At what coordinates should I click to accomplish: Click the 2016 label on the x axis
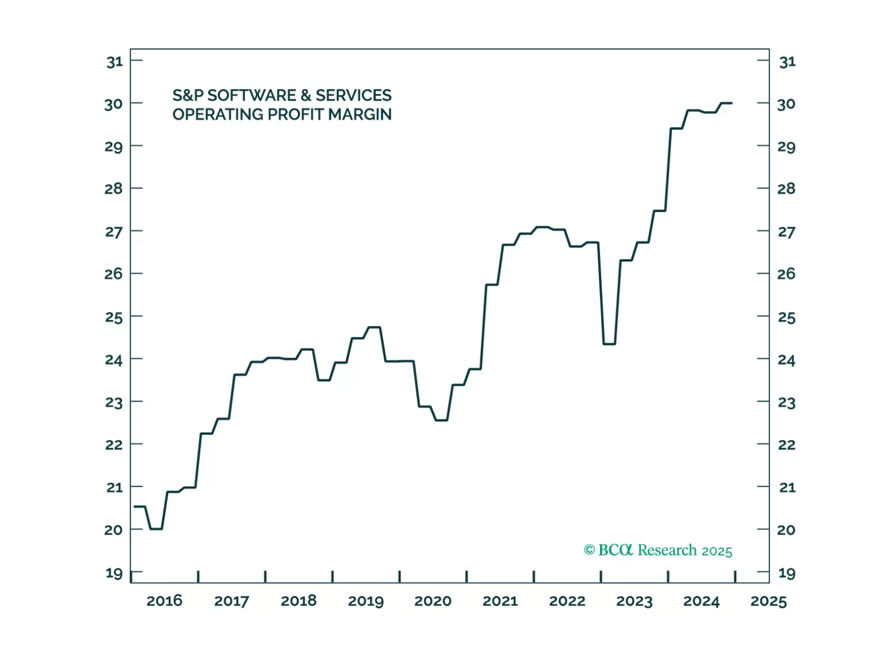[x=164, y=601]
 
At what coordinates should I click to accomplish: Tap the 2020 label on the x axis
[x=433, y=601]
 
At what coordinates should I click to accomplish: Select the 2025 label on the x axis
[x=768, y=601]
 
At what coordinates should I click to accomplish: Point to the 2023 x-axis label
[x=634, y=601]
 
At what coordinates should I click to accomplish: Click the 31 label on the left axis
[x=114, y=61]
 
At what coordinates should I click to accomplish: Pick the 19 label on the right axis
[x=787, y=573]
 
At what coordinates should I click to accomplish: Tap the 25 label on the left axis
[x=114, y=317]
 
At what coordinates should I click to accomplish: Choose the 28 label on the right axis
[x=787, y=188]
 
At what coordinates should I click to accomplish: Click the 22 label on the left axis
[x=114, y=445]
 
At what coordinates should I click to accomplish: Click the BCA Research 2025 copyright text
[x=665, y=550]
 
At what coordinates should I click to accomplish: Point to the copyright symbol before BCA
[x=589, y=550]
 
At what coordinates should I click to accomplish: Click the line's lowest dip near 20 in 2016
[x=156, y=529]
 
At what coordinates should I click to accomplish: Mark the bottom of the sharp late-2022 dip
[x=609, y=343]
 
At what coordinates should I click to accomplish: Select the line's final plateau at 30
[x=726, y=103]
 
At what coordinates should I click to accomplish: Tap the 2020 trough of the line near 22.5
[x=442, y=420]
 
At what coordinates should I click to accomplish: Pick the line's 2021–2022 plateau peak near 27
[x=542, y=227]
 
